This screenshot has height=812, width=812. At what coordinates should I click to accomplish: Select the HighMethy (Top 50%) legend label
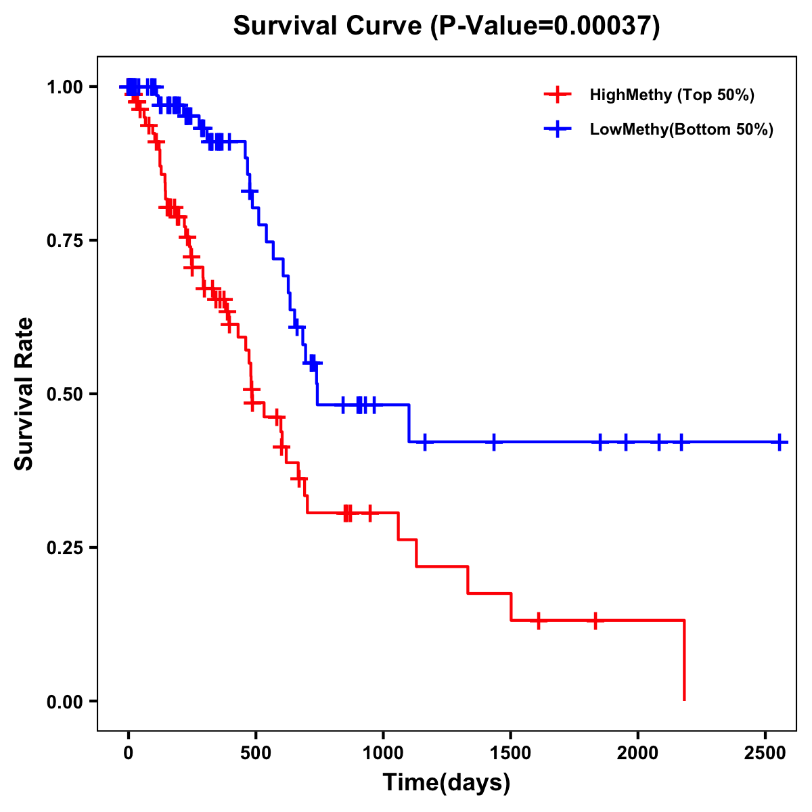[x=671, y=95]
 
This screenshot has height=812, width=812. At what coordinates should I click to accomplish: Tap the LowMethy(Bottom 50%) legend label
[x=681, y=129]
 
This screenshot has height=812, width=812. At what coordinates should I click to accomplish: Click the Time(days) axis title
[x=447, y=783]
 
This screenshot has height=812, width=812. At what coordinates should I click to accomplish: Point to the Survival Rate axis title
[x=24, y=393]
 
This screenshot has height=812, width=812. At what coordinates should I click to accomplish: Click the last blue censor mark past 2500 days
[x=780, y=442]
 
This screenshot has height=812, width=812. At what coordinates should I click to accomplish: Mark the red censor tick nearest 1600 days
[x=538, y=620]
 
